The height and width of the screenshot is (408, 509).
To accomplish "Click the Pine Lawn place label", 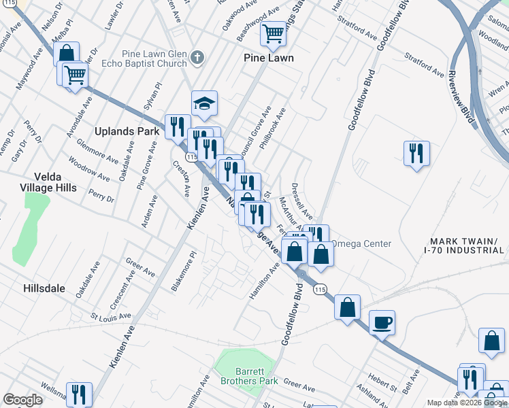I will point(269,58).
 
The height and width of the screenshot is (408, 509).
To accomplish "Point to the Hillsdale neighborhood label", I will point(44,288).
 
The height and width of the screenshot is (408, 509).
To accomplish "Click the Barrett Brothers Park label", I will point(248,376).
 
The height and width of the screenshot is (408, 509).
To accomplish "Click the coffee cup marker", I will point(382,322).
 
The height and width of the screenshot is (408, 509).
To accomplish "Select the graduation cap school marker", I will point(204,103).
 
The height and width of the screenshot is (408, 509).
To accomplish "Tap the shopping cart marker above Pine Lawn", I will point(274,32).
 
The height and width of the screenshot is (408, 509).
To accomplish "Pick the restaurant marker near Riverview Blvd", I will point(416,152).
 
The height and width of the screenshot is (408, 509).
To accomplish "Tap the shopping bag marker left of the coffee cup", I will point(348,307).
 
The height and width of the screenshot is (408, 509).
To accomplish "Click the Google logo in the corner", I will point(22,400).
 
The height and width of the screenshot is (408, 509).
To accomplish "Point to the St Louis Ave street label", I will point(111,317).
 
